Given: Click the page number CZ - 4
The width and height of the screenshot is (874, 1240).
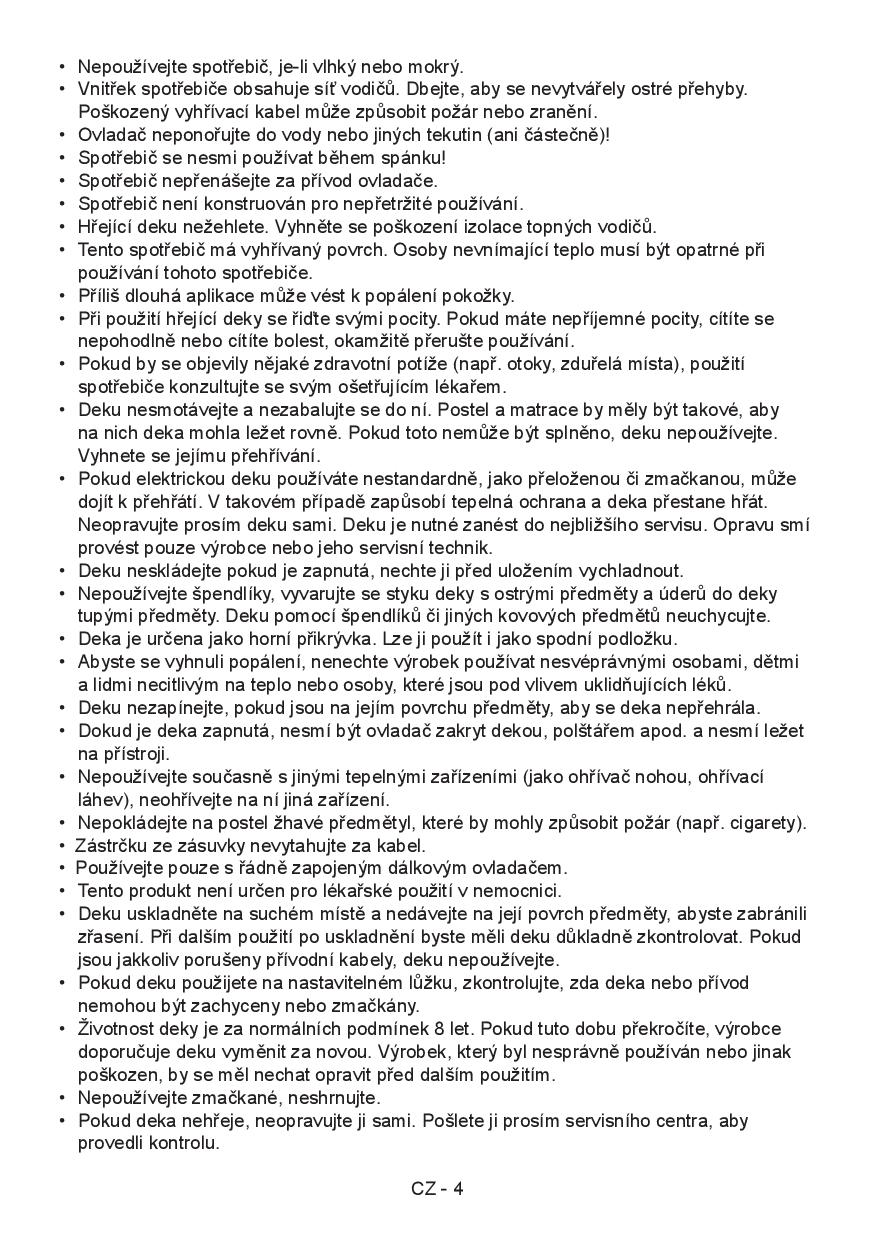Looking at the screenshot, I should coord(437,1189).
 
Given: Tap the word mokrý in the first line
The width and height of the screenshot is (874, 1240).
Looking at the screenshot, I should coord(436,67).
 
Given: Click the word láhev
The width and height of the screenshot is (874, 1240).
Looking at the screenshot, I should coord(99,800).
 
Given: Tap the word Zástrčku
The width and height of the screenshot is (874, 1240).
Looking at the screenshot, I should coord(112,845).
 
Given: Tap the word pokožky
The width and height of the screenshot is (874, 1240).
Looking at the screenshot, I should coord(478,295).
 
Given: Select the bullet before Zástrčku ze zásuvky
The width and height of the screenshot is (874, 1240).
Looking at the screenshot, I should coord(63,845).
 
